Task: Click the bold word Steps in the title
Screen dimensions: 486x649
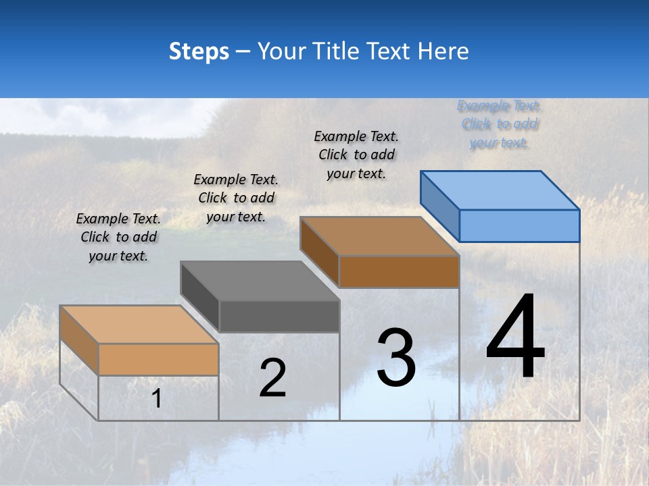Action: click(199, 51)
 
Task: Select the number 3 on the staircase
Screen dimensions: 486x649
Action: click(396, 358)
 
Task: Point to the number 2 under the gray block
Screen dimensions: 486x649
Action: click(273, 378)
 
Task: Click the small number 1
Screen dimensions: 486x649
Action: click(157, 399)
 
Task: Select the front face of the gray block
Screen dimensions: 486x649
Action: click(279, 316)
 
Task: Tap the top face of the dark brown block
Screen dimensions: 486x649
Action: click(379, 236)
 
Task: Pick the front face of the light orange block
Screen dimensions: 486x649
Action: click(158, 359)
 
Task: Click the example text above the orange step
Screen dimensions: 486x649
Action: click(118, 237)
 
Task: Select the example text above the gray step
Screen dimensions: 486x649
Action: click(236, 198)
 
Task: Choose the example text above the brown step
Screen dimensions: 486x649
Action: click(356, 155)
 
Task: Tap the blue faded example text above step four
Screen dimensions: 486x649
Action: click(499, 124)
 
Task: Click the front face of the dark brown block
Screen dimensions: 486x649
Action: click(399, 271)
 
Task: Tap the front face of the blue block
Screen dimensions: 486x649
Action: click(519, 225)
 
